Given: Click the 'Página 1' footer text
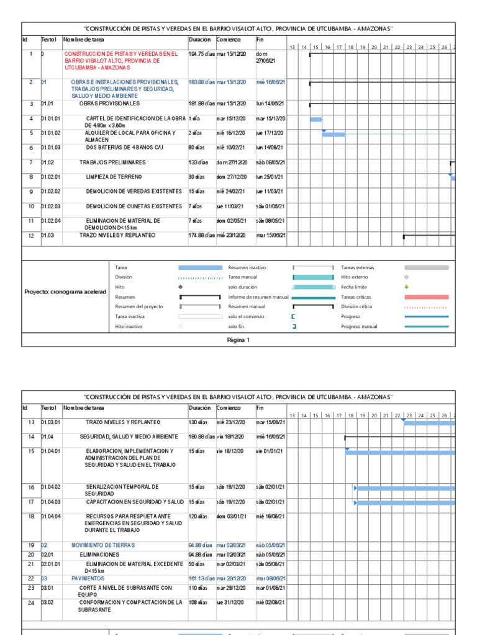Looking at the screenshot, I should (238, 340).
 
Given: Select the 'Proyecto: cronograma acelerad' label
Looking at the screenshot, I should (65, 291).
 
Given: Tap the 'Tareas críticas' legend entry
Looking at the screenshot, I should (357, 297).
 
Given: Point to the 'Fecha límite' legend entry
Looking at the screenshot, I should (355, 287).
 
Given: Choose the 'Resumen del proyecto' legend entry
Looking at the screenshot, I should (139, 306).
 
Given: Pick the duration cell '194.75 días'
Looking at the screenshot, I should (201, 54).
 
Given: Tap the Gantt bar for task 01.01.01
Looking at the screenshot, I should (316, 119).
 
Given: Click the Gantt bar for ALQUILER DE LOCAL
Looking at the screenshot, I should (334, 134).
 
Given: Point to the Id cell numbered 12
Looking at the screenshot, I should (30, 236).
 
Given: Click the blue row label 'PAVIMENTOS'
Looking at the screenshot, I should (88, 578).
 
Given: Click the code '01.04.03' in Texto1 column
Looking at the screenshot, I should (52, 502).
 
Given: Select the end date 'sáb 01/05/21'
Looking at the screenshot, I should (270, 206).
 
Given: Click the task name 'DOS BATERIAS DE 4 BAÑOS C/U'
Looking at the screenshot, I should (124, 148).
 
